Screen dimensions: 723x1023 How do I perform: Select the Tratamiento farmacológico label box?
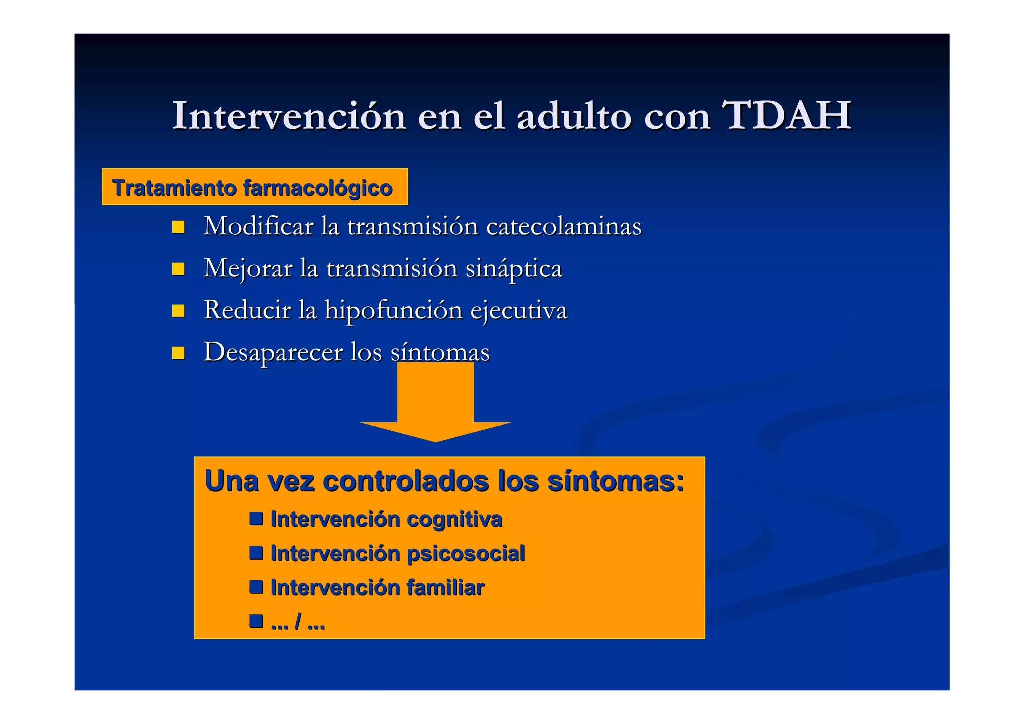click(x=254, y=187)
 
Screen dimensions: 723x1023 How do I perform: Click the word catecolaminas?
click(x=563, y=226)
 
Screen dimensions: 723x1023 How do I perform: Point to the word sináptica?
click(x=513, y=268)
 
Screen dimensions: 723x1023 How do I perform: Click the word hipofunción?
click(x=394, y=310)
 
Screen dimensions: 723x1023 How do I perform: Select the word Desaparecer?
click(x=273, y=352)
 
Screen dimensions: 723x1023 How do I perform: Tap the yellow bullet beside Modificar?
click(x=178, y=227)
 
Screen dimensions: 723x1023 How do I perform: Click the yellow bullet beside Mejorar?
click(x=178, y=269)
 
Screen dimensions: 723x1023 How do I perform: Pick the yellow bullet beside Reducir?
click(x=178, y=311)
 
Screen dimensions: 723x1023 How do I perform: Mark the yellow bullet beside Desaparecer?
click(x=178, y=353)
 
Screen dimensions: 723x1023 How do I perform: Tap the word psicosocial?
click(x=466, y=554)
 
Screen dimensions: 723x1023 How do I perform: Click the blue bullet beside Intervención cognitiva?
click(x=256, y=518)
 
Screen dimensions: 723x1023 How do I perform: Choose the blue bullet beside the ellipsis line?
click(x=256, y=621)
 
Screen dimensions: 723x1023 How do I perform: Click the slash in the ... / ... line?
click(x=298, y=622)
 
